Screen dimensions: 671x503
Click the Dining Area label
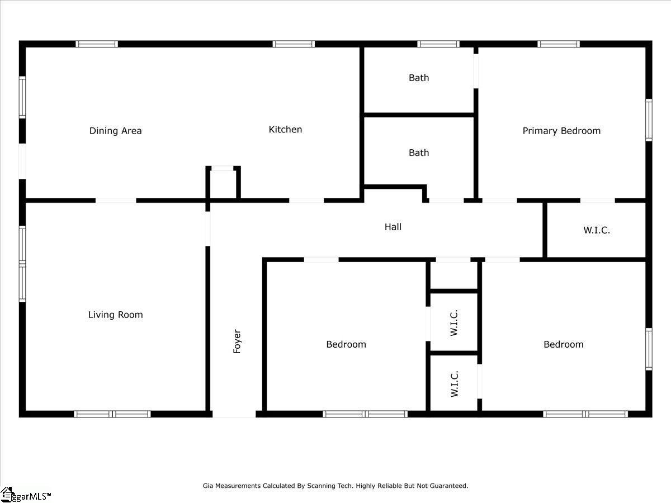point(116,131)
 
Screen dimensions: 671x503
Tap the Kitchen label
point(285,130)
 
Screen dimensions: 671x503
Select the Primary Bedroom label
point(561,131)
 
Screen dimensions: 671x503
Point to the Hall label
point(393,226)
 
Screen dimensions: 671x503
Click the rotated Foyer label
point(237,341)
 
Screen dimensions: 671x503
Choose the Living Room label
point(116,315)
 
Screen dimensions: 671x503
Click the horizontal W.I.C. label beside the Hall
point(597,230)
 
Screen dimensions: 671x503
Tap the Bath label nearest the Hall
point(419,153)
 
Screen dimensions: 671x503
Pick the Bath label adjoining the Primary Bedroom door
point(419,78)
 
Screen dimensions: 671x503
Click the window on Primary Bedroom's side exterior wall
point(649,120)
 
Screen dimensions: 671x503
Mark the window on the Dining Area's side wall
point(22,97)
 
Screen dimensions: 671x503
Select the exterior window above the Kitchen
point(294,44)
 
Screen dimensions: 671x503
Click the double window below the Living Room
point(112,414)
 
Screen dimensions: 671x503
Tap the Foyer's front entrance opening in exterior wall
point(234,414)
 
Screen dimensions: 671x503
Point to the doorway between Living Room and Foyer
point(208,229)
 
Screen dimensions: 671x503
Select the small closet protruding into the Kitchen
point(223,184)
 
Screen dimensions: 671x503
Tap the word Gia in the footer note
point(208,486)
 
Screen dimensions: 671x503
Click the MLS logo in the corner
point(26,495)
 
